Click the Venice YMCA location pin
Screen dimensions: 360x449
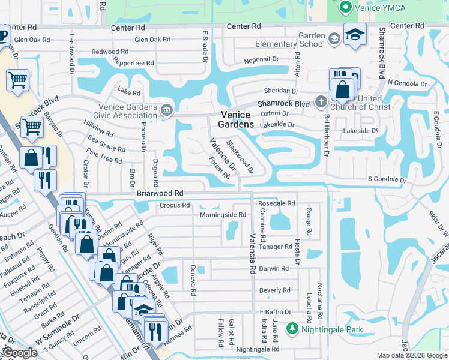(x=345, y=7)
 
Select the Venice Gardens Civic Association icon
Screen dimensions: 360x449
(x=167, y=109)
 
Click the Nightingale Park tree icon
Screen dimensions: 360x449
(x=292, y=328)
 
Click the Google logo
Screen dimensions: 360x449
(x=19, y=353)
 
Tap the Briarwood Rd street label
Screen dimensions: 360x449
(x=160, y=193)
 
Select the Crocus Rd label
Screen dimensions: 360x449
(x=175, y=205)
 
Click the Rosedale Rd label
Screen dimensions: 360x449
(x=276, y=203)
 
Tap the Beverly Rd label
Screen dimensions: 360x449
(x=274, y=290)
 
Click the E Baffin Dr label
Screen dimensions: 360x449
(x=275, y=312)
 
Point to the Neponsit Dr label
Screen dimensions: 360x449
(x=262, y=61)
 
